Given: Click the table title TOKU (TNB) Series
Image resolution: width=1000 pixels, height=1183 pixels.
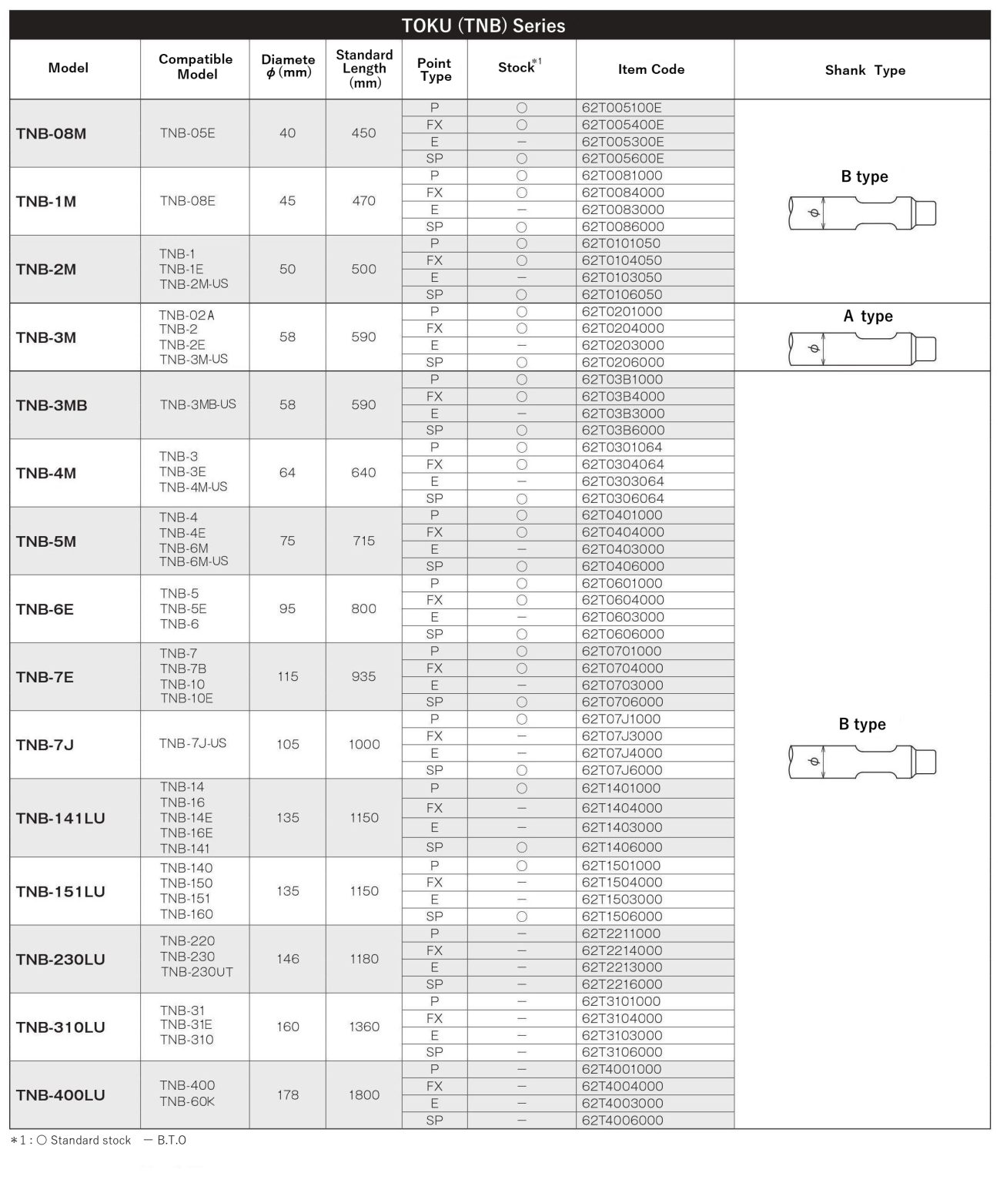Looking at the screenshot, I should coord(483,25).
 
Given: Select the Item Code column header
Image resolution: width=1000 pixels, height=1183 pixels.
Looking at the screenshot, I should coord(651,69).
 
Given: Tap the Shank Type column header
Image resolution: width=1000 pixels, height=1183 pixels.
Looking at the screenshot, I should coord(865,70).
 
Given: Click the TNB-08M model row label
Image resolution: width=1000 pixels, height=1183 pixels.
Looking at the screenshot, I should coord(51,133).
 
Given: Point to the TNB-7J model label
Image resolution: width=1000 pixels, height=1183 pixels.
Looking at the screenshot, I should coord(45,745).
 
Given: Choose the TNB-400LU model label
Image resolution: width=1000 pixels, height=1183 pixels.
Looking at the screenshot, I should coord(60,1094).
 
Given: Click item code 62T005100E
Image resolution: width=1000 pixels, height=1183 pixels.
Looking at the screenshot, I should coord(621,108).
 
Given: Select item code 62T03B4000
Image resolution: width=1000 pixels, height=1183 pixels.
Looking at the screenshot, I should coord(623,397).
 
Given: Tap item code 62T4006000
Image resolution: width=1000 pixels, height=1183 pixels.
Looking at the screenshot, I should coord(622,1121).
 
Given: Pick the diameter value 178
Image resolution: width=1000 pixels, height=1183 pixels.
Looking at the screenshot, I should coord(287,1094).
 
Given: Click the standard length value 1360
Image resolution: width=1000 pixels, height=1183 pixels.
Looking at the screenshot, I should coord(363,1027).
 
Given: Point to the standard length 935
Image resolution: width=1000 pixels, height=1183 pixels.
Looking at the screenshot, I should coord(363,676).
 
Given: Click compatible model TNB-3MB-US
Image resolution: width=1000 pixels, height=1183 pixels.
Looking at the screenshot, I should coord(198,404).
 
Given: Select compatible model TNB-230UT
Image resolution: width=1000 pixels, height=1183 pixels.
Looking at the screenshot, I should coord(196,972).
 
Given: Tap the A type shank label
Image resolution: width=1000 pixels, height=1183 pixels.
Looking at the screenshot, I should coord(868,316).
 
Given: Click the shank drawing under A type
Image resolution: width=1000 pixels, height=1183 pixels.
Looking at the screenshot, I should coord(862,348).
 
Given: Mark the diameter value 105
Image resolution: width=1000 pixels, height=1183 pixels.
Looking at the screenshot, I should coord(287,744).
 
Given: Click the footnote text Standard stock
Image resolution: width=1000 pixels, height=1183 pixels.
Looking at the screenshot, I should coord(91,1140).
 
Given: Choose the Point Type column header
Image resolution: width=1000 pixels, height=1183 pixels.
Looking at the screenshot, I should coord(434,69).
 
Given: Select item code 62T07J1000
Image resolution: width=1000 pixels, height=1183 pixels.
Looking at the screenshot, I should coord(621,719).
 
